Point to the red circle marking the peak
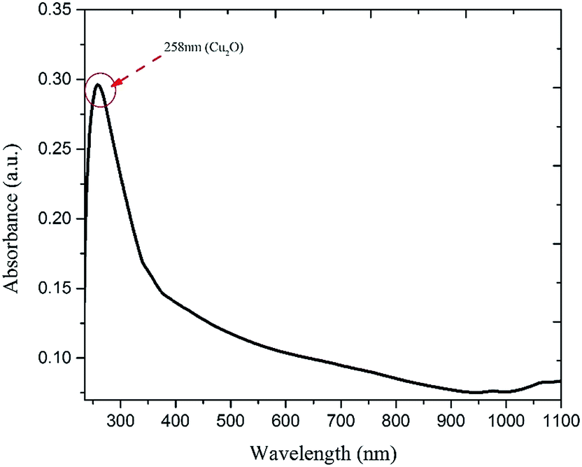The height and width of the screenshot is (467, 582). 99,90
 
